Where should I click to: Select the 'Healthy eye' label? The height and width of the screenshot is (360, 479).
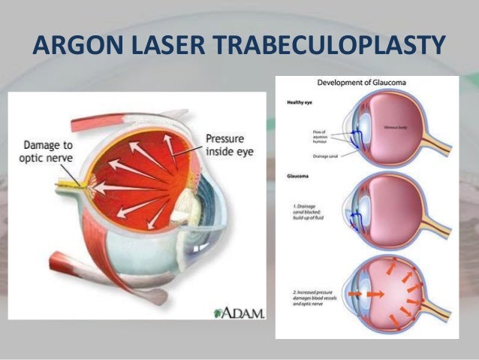300,101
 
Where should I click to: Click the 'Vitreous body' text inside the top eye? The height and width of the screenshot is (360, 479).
396,129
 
